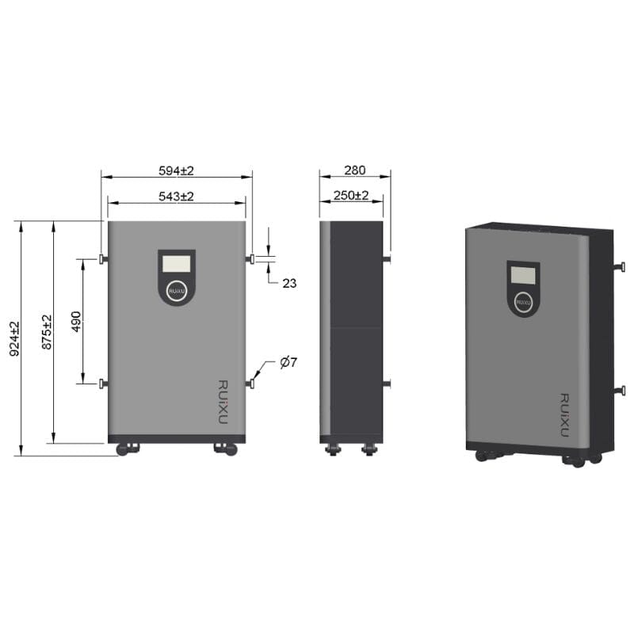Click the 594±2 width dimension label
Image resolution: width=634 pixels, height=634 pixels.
point(177,170)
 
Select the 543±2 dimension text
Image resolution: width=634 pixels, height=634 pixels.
point(177,196)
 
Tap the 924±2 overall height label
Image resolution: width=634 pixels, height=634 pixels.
point(14,338)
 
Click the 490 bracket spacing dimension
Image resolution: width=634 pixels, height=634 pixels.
point(76,321)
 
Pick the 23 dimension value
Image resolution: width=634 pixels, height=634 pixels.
point(289,283)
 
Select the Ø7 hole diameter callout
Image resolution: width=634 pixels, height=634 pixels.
point(288,363)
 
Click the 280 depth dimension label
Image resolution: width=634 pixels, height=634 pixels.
point(355,170)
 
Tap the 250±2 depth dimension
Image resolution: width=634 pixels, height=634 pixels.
point(351,196)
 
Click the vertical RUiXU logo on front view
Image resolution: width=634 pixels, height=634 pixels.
point(222,401)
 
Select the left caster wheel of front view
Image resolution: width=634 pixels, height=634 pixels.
point(127,449)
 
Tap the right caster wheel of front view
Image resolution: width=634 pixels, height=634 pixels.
point(226,449)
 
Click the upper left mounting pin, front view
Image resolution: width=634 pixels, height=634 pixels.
point(102,258)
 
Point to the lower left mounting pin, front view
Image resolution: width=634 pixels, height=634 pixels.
point(102,384)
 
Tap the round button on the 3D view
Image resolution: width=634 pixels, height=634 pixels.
point(522,302)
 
